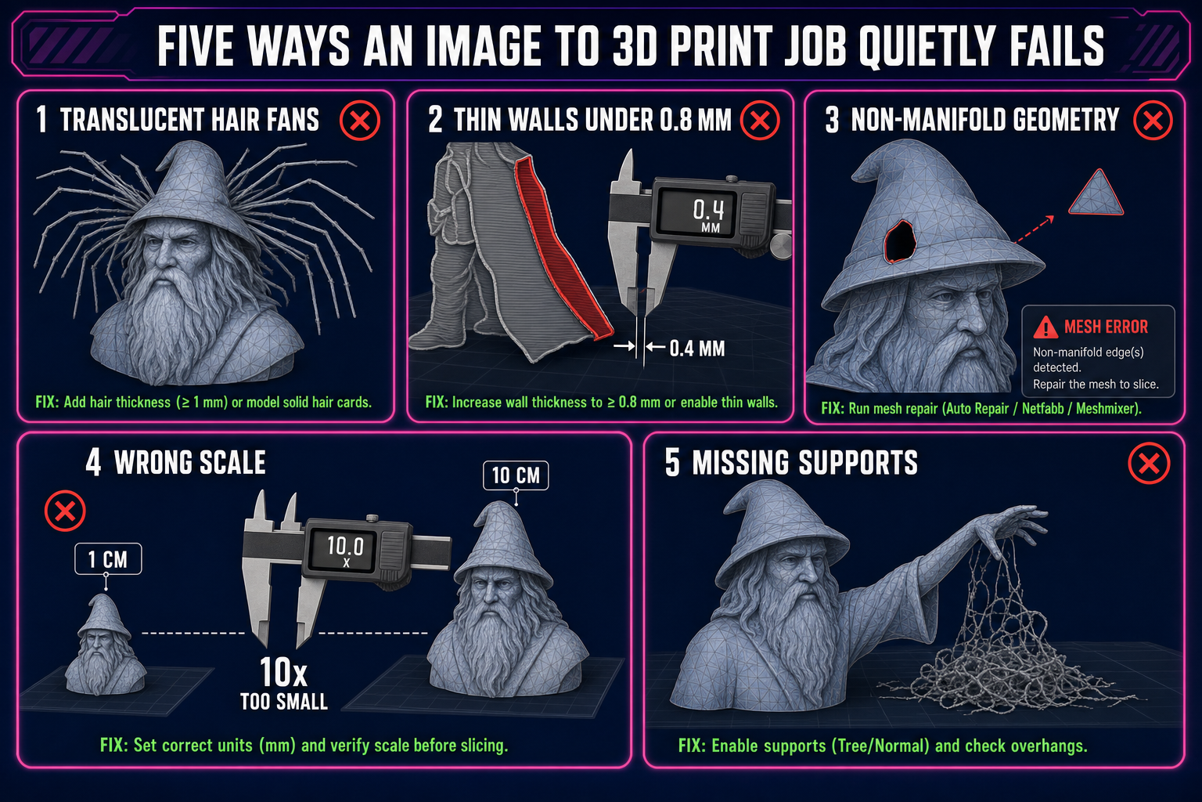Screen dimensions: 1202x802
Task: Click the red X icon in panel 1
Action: (x=359, y=121)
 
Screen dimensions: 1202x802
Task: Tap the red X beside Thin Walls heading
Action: (x=760, y=121)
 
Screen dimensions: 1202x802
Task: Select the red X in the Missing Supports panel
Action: (x=1149, y=463)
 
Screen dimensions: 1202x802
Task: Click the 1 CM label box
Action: (x=108, y=559)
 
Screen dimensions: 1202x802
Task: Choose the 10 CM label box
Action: (x=516, y=475)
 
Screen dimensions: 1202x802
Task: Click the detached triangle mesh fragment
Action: (x=1096, y=193)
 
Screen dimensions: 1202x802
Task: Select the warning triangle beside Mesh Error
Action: (x=1045, y=327)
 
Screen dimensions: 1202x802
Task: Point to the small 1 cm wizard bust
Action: (x=105, y=645)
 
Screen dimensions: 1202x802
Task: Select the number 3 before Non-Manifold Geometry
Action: (x=832, y=120)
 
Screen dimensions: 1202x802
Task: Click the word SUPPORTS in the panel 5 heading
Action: (x=858, y=463)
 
